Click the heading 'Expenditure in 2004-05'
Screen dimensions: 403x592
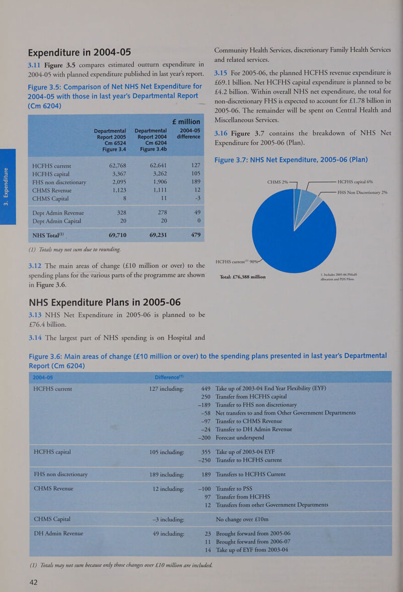pyautogui.click(x=80, y=52)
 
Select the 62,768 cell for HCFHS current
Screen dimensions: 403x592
pyautogui.click(x=117, y=166)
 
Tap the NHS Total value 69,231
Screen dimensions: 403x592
pyautogui.click(x=158, y=235)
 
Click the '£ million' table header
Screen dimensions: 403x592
pyautogui.click(x=186, y=122)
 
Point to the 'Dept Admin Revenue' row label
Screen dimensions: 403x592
pyautogui.click(x=58, y=213)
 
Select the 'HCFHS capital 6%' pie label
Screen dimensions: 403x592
pyautogui.click(x=355, y=182)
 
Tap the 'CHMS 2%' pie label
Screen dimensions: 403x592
pyautogui.click(x=278, y=182)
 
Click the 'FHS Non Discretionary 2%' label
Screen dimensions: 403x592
pyautogui.click(x=362, y=193)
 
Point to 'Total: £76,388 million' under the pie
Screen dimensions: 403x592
pyautogui.click(x=243, y=277)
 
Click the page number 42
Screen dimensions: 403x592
pyautogui.click(x=34, y=582)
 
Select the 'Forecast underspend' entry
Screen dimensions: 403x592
pyautogui.click(x=240, y=438)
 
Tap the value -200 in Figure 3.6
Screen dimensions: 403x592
pyautogui.click(x=205, y=438)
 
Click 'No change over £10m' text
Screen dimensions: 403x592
pyautogui.click(x=242, y=519)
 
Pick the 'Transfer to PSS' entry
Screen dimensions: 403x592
pyautogui.click(x=234, y=489)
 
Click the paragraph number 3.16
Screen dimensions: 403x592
pyautogui.click(x=221, y=133)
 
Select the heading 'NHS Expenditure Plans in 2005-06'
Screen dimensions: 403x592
pyautogui.click(x=105, y=302)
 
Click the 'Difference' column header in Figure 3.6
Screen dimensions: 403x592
pyautogui.click(x=169, y=377)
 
